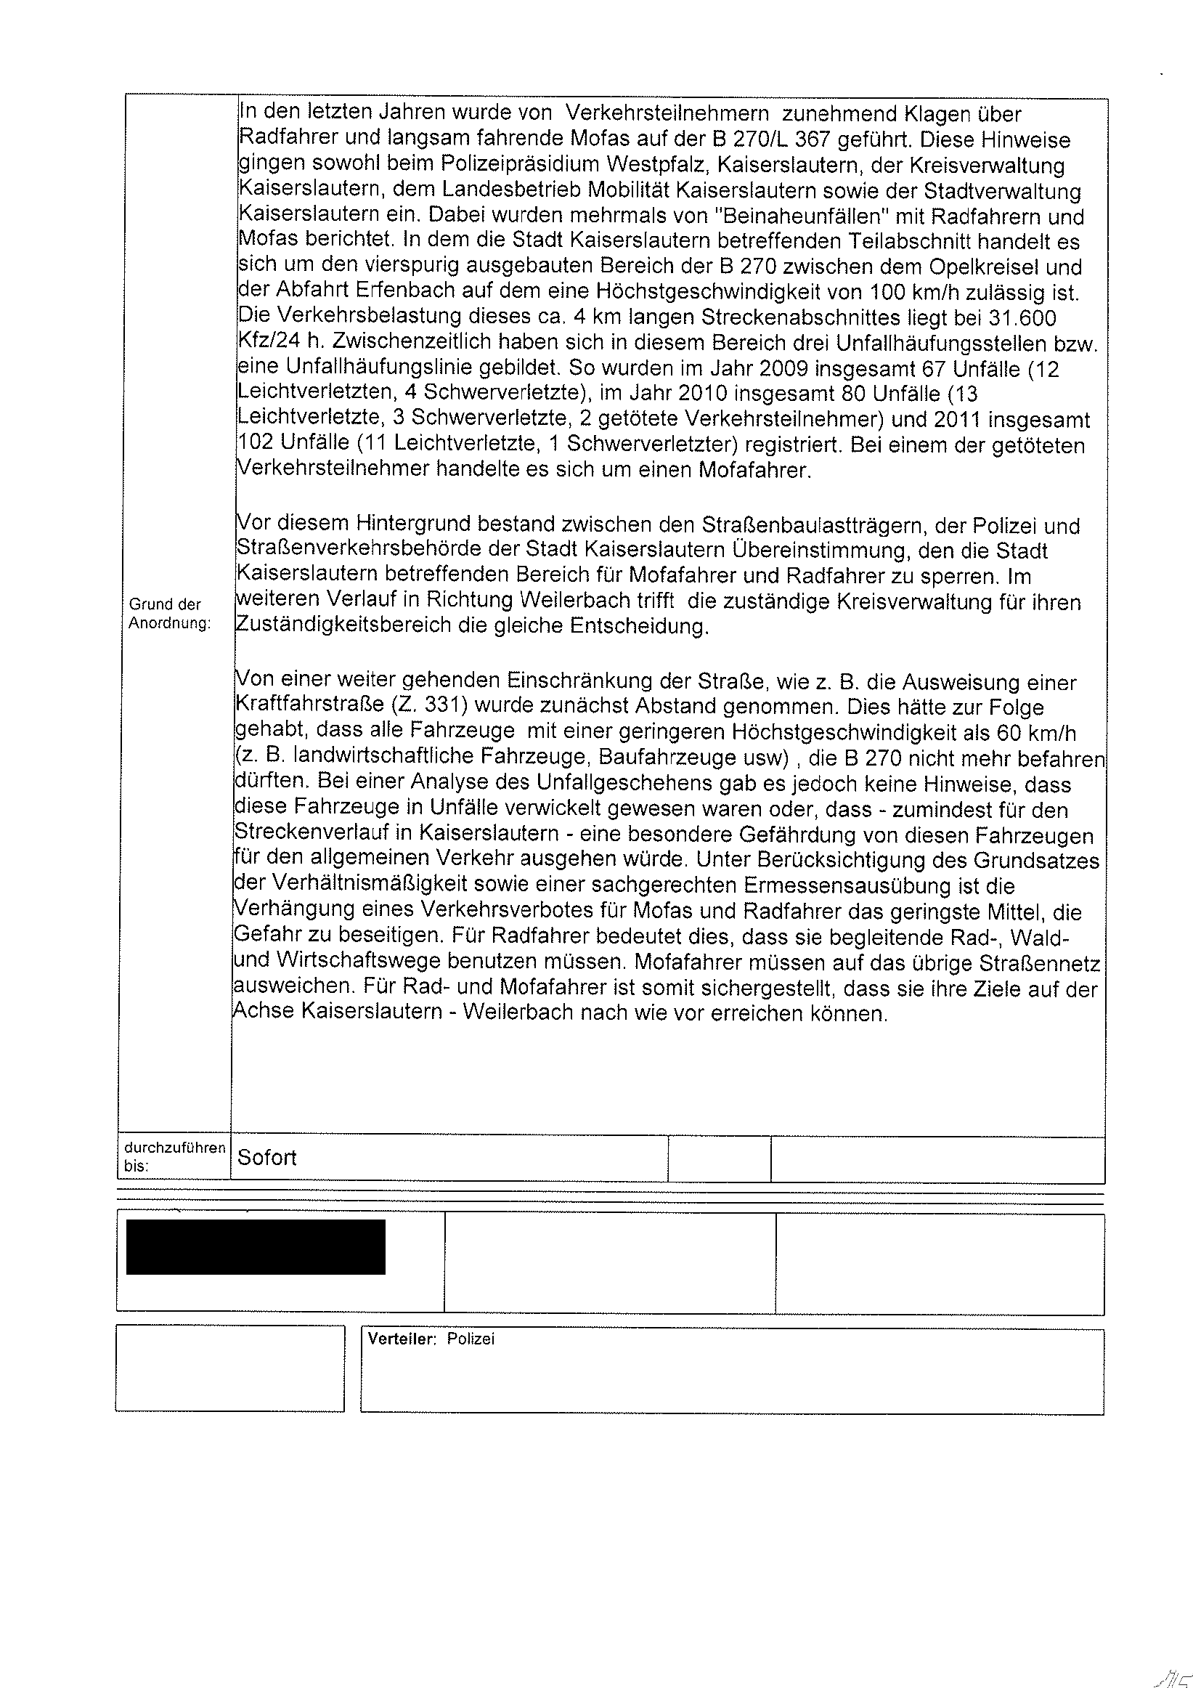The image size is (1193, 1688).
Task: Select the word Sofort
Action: (266, 1158)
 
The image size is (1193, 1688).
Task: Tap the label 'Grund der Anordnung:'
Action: (170, 614)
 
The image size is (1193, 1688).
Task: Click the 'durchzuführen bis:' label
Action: (175, 1156)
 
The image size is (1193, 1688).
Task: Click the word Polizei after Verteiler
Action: (471, 1339)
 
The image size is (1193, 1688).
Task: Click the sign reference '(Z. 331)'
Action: (430, 707)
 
